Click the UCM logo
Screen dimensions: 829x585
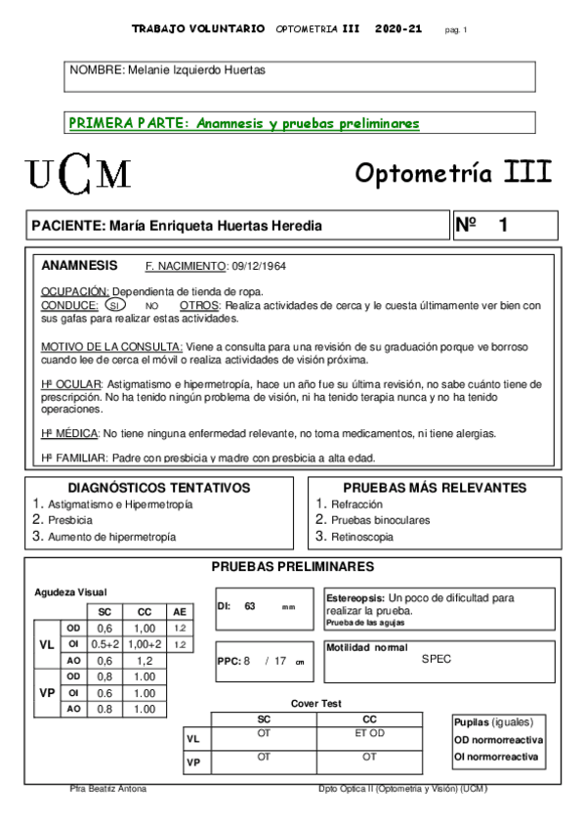click(79, 174)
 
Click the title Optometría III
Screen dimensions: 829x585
click(453, 173)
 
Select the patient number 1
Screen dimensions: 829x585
click(503, 225)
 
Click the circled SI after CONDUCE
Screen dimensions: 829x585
click(114, 305)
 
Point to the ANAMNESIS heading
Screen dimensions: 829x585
click(79, 265)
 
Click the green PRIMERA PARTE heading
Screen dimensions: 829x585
click(243, 124)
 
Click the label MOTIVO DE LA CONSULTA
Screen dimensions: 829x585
click(111, 347)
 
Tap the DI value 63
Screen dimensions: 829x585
click(249, 606)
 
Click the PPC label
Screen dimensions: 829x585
click(229, 661)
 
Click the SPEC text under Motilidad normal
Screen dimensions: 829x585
click(437, 659)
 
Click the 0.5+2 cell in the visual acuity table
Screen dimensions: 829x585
click(104, 645)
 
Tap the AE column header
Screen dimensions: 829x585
click(180, 611)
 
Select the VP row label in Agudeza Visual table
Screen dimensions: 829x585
click(47, 692)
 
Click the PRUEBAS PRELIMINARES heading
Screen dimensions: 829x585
click(292, 567)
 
